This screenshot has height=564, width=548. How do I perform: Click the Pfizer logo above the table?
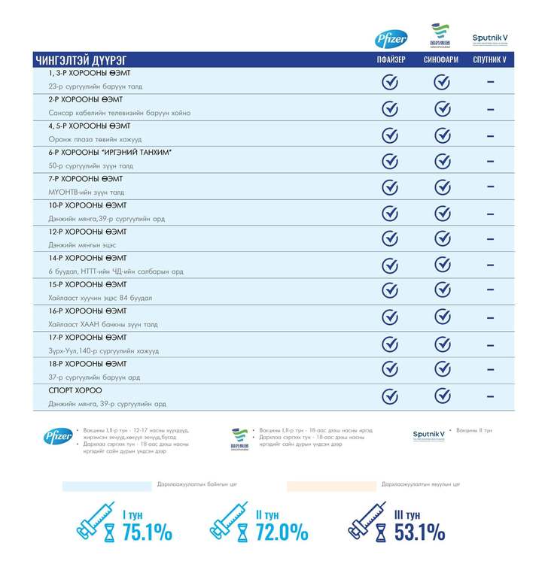point(391,38)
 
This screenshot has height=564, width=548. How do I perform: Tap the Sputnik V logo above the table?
point(489,38)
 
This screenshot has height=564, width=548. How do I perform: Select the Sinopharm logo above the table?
point(440,35)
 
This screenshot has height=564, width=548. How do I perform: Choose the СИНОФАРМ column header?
point(441,60)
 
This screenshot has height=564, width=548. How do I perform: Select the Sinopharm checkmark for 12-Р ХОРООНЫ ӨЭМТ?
point(441,238)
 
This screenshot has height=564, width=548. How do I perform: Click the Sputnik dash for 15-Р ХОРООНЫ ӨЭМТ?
point(490,291)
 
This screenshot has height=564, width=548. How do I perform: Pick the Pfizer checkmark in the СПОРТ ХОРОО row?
point(390,396)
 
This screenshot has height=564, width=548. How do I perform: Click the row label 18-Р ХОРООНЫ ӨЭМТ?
point(87,363)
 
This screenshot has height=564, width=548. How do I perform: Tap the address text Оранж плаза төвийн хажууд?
point(95,139)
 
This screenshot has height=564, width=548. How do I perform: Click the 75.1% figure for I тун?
point(148,532)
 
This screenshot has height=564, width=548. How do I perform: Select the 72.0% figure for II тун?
point(282,532)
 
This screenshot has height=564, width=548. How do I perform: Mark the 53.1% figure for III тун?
point(419,532)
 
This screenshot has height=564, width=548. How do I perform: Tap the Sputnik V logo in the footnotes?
point(430,435)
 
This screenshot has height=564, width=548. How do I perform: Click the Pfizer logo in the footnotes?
point(58,435)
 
